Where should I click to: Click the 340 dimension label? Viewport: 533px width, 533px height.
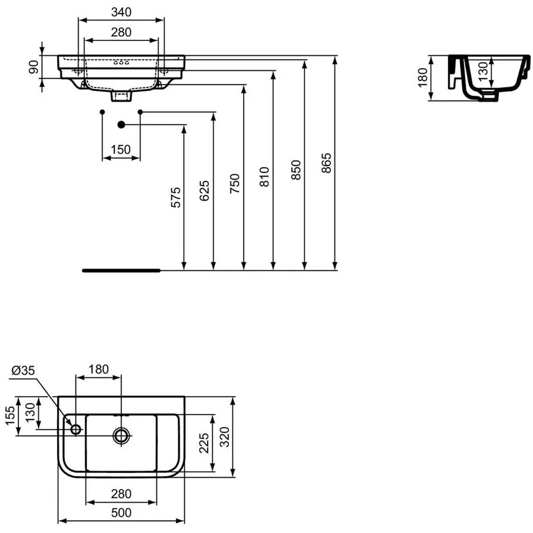click(121, 12)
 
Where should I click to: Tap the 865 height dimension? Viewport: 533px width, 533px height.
click(327, 163)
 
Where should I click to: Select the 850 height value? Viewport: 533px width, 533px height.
click(296, 170)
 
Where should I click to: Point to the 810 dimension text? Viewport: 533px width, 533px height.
click(265, 177)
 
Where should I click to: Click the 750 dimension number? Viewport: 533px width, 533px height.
click(235, 184)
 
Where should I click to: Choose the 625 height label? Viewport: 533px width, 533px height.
click(204, 191)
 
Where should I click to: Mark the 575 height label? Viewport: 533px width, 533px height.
click(175, 197)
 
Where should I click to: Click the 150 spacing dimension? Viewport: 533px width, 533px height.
click(121, 149)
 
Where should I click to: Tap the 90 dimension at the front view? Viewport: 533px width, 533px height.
click(33, 67)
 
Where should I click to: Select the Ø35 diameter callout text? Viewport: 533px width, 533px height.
click(23, 370)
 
